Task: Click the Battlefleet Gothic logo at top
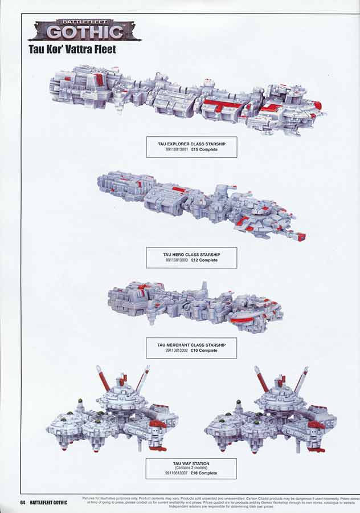tap(85, 29)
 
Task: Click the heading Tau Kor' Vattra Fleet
tap(72, 50)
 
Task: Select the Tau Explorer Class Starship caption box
tap(191, 146)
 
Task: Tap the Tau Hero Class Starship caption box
tap(191, 257)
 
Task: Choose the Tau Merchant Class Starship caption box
tap(191, 348)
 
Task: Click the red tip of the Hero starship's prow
tap(301, 237)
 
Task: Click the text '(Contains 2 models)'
tap(191, 468)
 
